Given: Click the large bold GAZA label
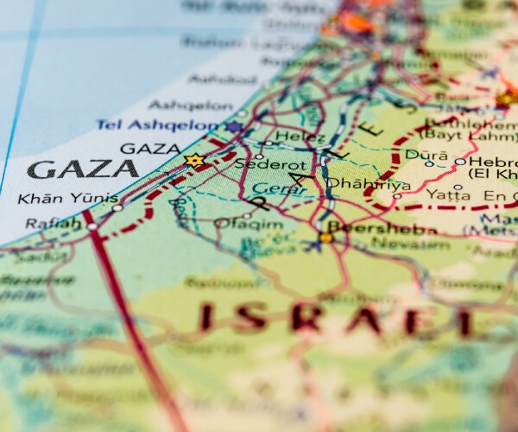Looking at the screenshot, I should click(83, 168).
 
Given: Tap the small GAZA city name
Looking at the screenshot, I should click(150, 149).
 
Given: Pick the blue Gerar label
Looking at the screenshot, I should click(270, 188).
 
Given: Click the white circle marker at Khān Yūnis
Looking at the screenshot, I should click(117, 207).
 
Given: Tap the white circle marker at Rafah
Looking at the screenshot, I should click(92, 226).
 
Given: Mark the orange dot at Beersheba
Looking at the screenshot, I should click(325, 237).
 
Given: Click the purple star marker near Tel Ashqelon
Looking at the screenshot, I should click(233, 127).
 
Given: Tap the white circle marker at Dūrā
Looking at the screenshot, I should click(429, 163).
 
